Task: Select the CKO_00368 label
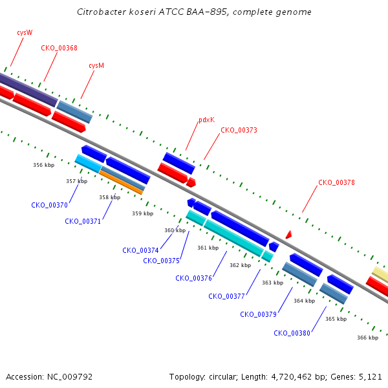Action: click(x=59, y=48)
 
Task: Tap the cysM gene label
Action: click(x=96, y=65)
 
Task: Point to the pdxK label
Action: click(x=206, y=120)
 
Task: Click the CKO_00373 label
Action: click(x=239, y=130)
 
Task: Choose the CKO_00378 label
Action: click(x=336, y=182)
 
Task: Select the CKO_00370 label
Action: click(x=49, y=205)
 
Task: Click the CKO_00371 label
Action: click(x=83, y=221)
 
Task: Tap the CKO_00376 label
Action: click(x=193, y=278)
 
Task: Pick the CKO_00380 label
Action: click(x=292, y=333)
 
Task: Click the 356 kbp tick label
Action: click(x=44, y=165)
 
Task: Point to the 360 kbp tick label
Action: click(x=175, y=230)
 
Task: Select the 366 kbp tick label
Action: click(x=367, y=338)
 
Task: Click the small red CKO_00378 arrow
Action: click(x=288, y=234)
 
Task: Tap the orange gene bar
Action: click(x=121, y=182)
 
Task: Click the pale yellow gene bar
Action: click(x=380, y=275)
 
